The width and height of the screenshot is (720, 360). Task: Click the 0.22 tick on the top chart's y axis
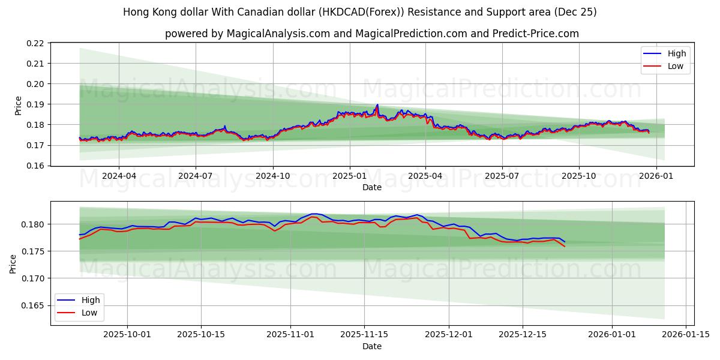click(35, 43)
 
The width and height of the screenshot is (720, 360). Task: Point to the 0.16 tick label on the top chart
click(35, 166)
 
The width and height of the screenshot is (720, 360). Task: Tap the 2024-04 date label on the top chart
click(119, 176)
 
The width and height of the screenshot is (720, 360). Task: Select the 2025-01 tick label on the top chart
click(349, 176)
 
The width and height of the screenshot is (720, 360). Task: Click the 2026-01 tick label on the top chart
click(656, 176)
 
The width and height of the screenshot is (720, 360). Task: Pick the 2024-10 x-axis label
click(273, 176)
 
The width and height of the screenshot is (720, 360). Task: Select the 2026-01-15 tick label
click(685, 335)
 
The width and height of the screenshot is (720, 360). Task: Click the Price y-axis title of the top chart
click(19, 105)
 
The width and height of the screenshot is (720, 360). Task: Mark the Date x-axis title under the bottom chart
click(372, 346)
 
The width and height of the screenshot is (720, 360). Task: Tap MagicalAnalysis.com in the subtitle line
click(278, 34)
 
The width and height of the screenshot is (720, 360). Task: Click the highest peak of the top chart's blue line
click(377, 104)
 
